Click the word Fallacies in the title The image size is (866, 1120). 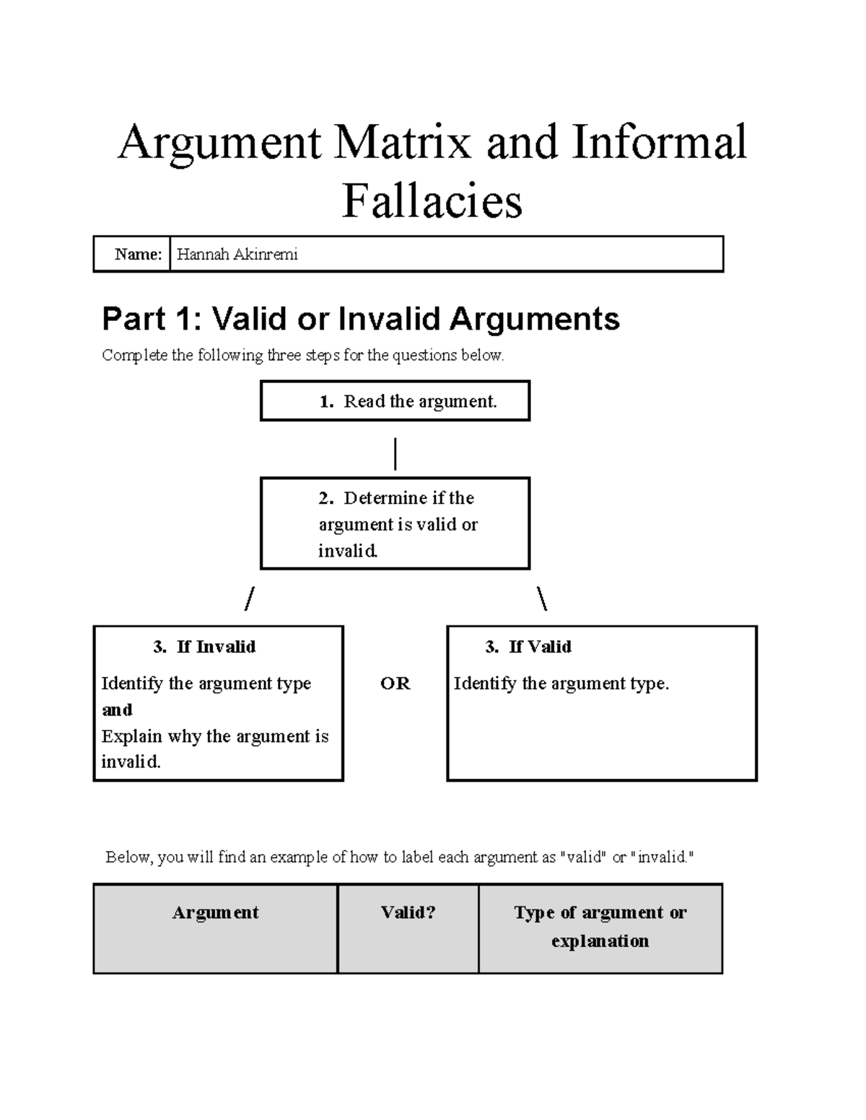(x=432, y=201)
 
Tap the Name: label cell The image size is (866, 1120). (x=138, y=254)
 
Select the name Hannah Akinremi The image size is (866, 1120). (x=237, y=254)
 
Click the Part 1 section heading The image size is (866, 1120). (x=361, y=319)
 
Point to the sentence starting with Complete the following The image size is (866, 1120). (x=302, y=355)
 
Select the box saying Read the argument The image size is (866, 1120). (x=395, y=401)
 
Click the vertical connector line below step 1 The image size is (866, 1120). (x=395, y=454)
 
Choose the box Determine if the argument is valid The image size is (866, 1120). (x=395, y=524)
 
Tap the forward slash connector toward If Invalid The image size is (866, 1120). (x=250, y=599)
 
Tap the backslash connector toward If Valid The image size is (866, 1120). (x=542, y=599)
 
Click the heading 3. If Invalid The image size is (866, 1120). (x=204, y=647)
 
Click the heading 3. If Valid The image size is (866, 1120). (x=529, y=647)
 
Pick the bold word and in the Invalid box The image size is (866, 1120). (x=117, y=710)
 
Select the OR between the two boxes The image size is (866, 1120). (x=395, y=683)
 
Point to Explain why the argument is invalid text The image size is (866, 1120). (x=214, y=749)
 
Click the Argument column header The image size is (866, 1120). (x=215, y=912)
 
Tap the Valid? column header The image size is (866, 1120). (x=408, y=912)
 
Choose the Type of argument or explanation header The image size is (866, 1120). (x=600, y=927)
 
